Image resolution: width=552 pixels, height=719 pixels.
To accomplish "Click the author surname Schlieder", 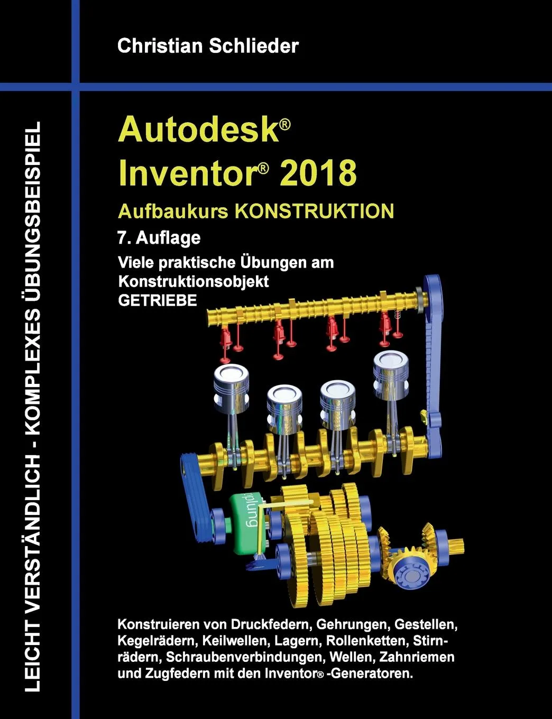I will click(x=253, y=46).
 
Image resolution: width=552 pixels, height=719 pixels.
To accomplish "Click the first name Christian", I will click(x=160, y=46).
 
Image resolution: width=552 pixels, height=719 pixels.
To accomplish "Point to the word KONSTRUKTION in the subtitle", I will click(x=315, y=211).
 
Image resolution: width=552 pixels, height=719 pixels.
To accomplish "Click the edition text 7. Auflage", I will click(x=159, y=237).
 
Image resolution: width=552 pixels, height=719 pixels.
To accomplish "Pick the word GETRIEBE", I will click(x=158, y=300).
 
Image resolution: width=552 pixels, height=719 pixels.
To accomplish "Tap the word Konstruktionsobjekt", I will click(x=194, y=281).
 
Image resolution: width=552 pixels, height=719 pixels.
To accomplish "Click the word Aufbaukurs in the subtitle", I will click(x=173, y=211).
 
